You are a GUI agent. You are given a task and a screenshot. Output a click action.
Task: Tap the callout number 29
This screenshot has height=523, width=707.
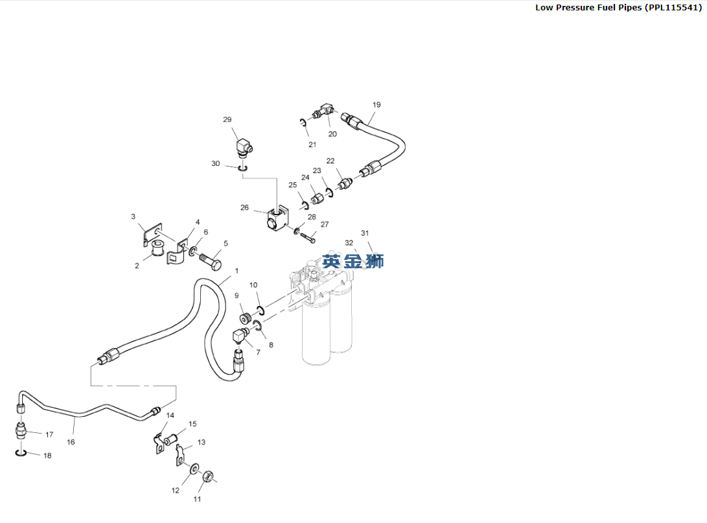point(227,120)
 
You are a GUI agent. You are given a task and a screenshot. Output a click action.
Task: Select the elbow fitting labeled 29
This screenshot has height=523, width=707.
point(246,148)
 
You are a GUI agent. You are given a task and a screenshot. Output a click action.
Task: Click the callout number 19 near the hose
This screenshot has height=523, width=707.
point(377,104)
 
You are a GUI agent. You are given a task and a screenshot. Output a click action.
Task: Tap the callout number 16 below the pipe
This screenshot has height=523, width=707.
point(71,442)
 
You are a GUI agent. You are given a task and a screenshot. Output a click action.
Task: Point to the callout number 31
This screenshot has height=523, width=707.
point(365,233)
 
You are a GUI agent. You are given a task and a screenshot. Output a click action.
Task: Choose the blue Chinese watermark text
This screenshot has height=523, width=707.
point(353,261)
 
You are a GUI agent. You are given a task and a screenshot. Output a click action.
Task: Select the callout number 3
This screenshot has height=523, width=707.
point(133,216)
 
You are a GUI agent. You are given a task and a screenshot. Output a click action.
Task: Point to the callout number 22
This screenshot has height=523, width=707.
point(330,161)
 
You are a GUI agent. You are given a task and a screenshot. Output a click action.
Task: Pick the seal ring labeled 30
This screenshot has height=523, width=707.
point(242,169)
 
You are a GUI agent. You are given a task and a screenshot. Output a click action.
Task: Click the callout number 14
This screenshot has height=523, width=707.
point(170,415)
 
